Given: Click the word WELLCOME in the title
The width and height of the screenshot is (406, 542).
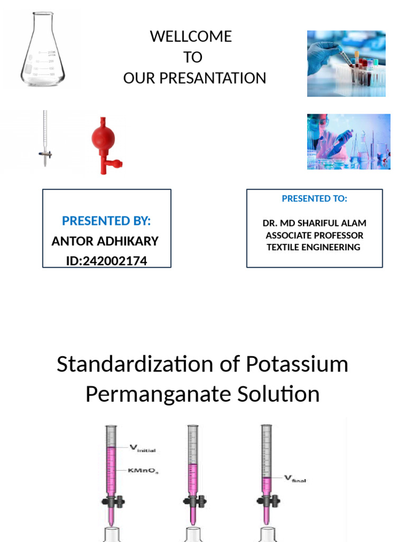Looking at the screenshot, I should pyautogui.click(x=191, y=37).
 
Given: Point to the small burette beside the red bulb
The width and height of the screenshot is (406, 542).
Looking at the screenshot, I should pyautogui.click(x=45, y=139).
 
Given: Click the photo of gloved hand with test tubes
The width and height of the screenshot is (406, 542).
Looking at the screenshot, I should pyautogui.click(x=346, y=64).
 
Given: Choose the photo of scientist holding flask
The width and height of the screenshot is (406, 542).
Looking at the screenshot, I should pyautogui.click(x=348, y=141).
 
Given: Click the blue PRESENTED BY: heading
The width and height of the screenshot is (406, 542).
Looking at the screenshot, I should pyautogui.click(x=106, y=221).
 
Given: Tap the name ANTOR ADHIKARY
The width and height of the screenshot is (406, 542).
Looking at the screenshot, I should pyautogui.click(x=105, y=241).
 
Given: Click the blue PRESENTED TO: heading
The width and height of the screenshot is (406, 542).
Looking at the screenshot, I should pyautogui.click(x=314, y=198).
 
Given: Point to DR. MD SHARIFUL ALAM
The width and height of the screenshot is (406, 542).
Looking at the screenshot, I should pyautogui.click(x=314, y=223).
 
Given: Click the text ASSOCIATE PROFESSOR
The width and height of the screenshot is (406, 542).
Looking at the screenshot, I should pyautogui.click(x=314, y=236).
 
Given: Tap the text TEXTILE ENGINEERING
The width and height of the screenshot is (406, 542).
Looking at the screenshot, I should pyautogui.click(x=313, y=247).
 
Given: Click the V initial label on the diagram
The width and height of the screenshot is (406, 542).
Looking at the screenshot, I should pyautogui.click(x=143, y=449).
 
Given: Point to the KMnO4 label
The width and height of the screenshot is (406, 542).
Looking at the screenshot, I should pyautogui.click(x=143, y=471).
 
